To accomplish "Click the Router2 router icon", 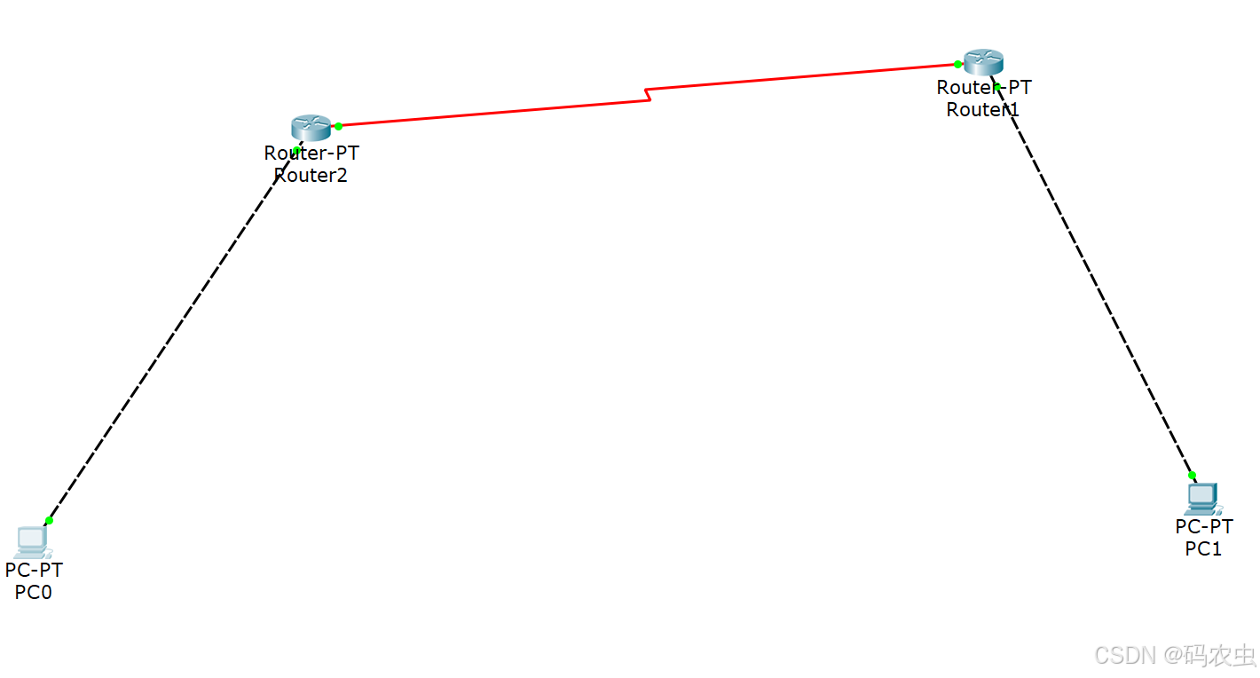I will [311, 127].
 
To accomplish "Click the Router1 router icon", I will [983, 62].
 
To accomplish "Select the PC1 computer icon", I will [1202, 499].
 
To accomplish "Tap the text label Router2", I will [311, 175].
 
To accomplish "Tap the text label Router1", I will [983, 109].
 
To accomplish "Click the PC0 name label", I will [34, 592].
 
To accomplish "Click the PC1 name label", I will [1203, 548].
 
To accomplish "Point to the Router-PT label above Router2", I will [311, 153].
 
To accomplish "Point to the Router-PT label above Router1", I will [984, 88].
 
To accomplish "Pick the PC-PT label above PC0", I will [34, 570].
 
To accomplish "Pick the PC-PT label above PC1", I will [1204, 526].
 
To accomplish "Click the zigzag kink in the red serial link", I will [649, 94].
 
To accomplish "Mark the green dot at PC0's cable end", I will [49, 520].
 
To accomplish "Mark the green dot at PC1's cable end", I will [1192, 475].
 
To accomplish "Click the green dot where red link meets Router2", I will [338, 126].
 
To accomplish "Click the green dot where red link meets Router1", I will [957, 64].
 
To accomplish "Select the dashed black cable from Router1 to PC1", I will [1096, 284].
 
